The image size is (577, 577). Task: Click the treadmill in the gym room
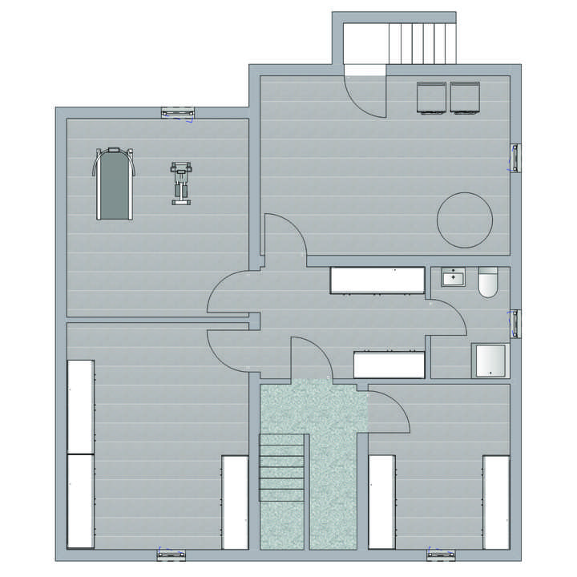tap(115, 184)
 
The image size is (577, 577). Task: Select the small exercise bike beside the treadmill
tap(182, 183)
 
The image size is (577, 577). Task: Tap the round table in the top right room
tap(464, 220)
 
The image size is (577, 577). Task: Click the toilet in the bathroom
tap(488, 284)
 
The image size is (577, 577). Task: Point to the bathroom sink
tap(454, 277)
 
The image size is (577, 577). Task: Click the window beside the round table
tap(515, 157)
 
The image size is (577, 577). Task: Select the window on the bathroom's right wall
tap(515, 323)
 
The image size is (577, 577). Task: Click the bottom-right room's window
tap(442, 554)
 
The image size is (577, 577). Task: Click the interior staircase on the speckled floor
tap(281, 467)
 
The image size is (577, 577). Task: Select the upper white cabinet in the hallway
tap(377, 280)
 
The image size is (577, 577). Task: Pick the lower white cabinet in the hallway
tap(389, 365)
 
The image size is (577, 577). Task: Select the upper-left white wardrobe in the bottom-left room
tap(80, 406)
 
